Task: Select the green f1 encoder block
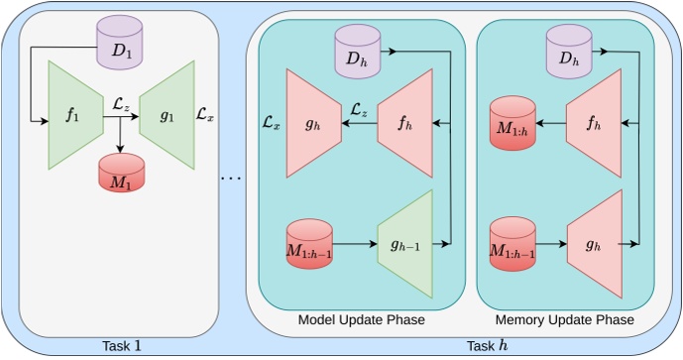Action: click(x=72, y=115)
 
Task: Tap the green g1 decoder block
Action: click(x=166, y=115)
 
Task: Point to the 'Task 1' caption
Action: click(x=122, y=346)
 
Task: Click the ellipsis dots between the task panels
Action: click(x=231, y=178)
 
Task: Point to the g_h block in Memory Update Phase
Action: click(x=592, y=244)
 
